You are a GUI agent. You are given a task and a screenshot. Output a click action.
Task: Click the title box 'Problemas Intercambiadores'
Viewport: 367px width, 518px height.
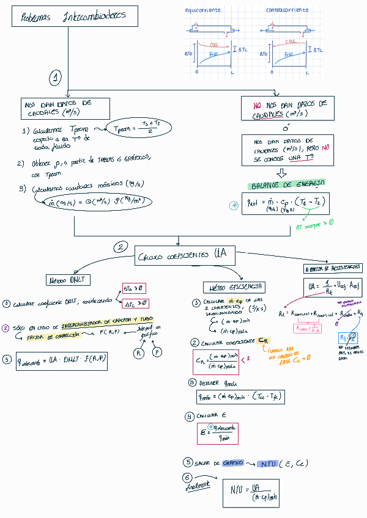point(73,16)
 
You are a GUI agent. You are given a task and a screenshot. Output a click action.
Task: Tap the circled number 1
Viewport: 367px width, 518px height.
point(56,78)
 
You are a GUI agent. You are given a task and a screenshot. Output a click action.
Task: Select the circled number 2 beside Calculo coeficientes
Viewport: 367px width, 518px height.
point(121,247)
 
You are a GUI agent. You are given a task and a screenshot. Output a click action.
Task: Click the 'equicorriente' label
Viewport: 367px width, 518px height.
point(204,10)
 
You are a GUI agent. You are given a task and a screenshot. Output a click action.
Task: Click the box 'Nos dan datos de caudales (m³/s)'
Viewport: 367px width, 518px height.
point(65,109)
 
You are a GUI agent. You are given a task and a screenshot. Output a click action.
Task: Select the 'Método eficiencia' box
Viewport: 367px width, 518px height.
point(234,286)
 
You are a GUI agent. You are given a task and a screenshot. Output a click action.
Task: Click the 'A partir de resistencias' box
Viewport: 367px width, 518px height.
point(333,268)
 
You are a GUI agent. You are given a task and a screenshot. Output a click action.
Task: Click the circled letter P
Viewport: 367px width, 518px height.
point(158,352)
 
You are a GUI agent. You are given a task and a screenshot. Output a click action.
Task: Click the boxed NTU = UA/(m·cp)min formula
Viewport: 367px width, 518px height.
point(251,492)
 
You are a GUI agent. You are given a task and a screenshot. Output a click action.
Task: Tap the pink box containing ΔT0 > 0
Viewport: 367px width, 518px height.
point(133,288)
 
